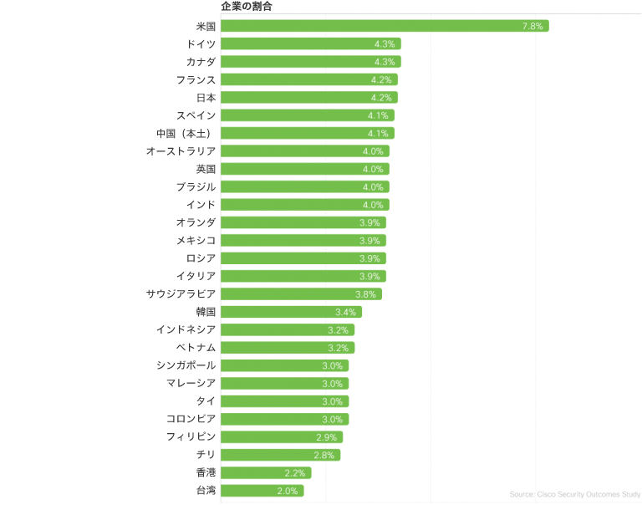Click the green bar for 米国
pos(385,26)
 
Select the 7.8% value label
pos(532,26)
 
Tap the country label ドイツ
pos(201,43)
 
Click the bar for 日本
pos(309,98)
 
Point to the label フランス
pos(196,79)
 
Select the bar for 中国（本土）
pos(307,134)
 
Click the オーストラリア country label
pos(181,151)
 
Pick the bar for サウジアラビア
pos(301,294)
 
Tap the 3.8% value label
pos(365,294)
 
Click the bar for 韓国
pos(291,312)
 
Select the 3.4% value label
pos(345,312)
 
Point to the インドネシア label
pos(186,329)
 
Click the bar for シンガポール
pos(284,365)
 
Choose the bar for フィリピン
pos(282,437)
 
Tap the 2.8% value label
pos(324,455)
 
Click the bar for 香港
pos(267,473)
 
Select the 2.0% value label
pos(287,491)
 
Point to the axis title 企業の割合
pos(246,6)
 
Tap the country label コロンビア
pos(191,419)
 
